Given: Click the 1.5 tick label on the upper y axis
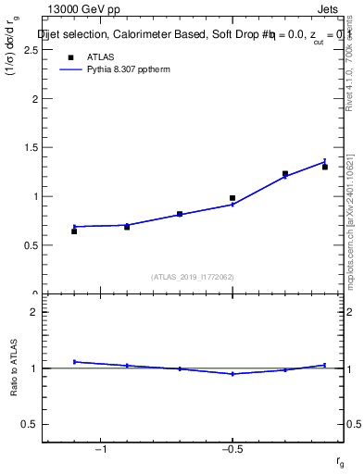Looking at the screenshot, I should pos(31,147).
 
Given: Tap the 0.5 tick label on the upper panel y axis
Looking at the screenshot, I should pos(31,245).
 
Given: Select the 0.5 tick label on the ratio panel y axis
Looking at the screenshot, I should pos(31,424).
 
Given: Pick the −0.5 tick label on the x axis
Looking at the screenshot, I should pos(232,450).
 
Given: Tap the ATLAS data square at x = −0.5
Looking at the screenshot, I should pos(232,198).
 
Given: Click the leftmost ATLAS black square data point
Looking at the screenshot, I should pos(74,231).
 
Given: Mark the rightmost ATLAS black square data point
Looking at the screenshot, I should pos(325,167).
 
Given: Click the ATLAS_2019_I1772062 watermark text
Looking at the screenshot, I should pos(192,276).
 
